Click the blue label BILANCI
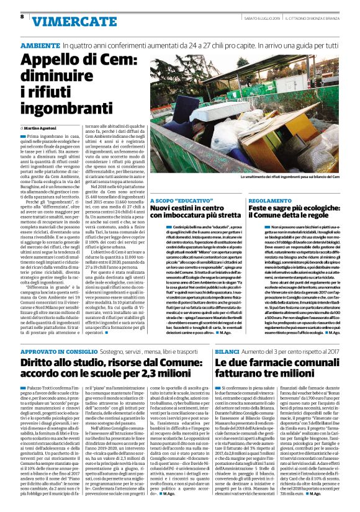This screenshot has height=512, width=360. [227, 351]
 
